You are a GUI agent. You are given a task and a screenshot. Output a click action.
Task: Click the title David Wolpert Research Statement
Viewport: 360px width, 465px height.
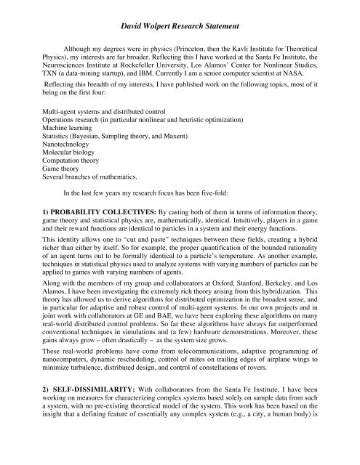(x=180, y=14)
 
